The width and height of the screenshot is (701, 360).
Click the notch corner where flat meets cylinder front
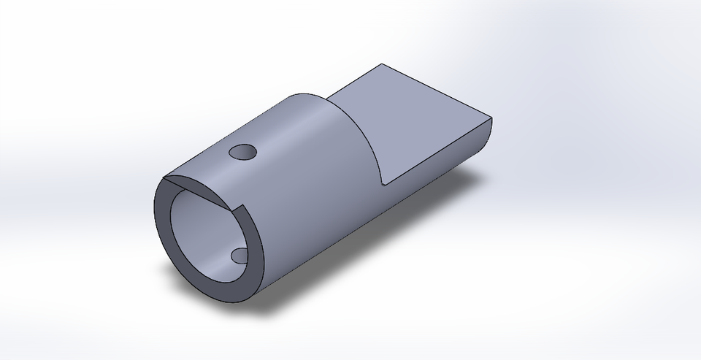tap(383, 183)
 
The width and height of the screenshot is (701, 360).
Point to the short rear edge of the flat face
tap(357, 81)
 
